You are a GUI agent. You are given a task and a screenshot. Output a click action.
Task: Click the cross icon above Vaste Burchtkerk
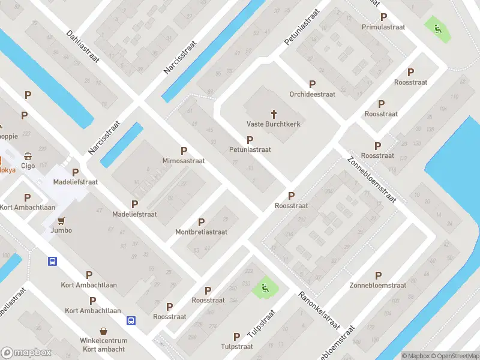coord(274,113)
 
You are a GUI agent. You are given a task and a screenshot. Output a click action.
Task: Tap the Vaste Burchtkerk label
coord(273,124)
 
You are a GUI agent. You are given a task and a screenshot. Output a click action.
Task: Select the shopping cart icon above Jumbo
coord(61,220)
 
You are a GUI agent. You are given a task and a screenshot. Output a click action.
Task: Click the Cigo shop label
coord(28,166)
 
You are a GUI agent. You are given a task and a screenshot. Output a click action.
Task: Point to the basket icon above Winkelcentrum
coord(104,331)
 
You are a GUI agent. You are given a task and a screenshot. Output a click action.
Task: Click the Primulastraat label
coord(384,27)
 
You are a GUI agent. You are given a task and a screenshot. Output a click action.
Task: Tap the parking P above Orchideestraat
coord(312,85)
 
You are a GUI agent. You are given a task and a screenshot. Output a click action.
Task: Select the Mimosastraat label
coord(184,161)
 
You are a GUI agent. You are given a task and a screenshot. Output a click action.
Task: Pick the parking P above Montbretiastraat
coord(201,222)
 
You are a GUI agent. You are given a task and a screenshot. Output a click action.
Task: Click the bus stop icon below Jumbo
coord(52,261)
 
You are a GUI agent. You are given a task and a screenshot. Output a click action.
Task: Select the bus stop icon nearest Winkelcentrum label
coord(131,320)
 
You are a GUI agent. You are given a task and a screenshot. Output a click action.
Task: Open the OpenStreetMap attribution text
coord(456,356)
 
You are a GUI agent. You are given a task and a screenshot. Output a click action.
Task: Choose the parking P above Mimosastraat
coord(184,151)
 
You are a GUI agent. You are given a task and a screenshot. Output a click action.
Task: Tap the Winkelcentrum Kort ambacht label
coord(104,344)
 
